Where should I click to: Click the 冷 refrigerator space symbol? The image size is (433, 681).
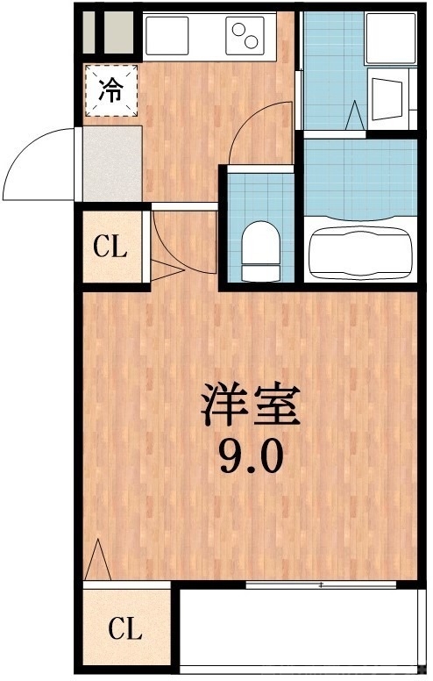pos(111,90)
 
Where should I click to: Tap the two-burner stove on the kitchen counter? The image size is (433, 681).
pos(245,35)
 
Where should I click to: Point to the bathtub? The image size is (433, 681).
pos(359,251)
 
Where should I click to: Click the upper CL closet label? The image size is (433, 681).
pos(111,247)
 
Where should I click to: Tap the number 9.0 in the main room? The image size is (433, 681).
pos(251,456)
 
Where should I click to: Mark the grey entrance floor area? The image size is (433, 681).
pos(112,164)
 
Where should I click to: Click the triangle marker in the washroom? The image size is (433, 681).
pos(356,115)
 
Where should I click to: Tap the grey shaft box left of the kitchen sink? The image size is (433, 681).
pos(109,35)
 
